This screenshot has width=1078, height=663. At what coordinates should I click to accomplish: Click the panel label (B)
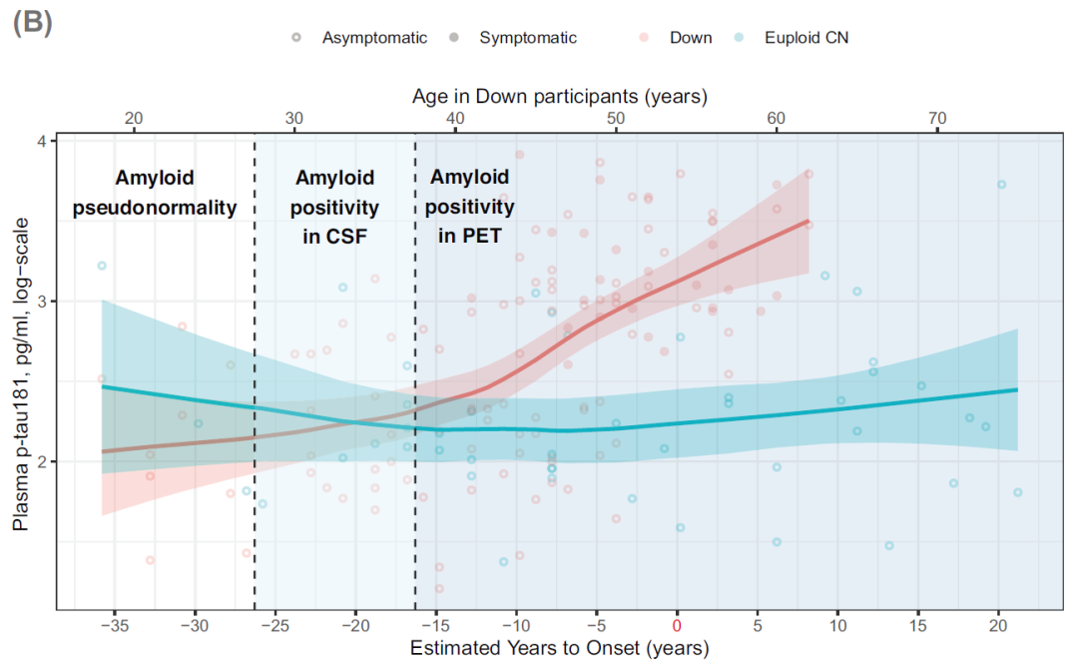coord(31,23)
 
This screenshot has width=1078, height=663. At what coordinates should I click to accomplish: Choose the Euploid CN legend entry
coord(807,38)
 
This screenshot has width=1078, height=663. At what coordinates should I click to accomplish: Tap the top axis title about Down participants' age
coord(559,97)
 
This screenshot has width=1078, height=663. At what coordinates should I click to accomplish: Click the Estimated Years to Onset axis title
coord(559,648)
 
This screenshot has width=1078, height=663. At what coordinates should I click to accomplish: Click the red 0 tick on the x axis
coord(678,625)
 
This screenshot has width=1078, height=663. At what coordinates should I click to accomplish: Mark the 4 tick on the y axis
coord(42,141)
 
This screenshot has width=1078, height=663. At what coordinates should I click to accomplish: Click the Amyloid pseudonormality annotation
coord(155,193)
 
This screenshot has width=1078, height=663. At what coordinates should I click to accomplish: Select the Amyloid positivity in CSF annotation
coord(334,207)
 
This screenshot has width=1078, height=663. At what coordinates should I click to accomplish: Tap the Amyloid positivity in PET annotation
coord(470,207)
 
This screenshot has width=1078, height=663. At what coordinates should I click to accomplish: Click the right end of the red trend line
coord(808,221)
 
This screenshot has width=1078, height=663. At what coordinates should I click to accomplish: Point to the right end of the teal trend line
coord(1017,389)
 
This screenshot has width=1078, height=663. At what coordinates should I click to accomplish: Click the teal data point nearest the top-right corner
coord(1001,184)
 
